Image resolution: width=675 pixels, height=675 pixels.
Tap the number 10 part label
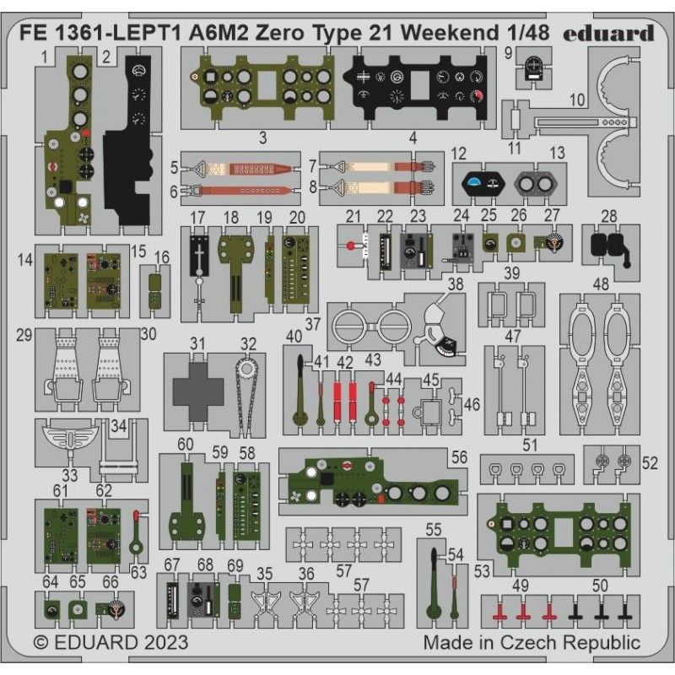pos(577,100)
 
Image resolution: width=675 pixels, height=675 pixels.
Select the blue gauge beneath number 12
pos(481,181)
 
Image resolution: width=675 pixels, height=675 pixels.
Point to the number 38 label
pos(455,285)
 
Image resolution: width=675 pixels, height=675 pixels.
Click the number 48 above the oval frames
pos(602,284)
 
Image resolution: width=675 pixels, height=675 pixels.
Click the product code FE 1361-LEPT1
pos(98,33)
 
